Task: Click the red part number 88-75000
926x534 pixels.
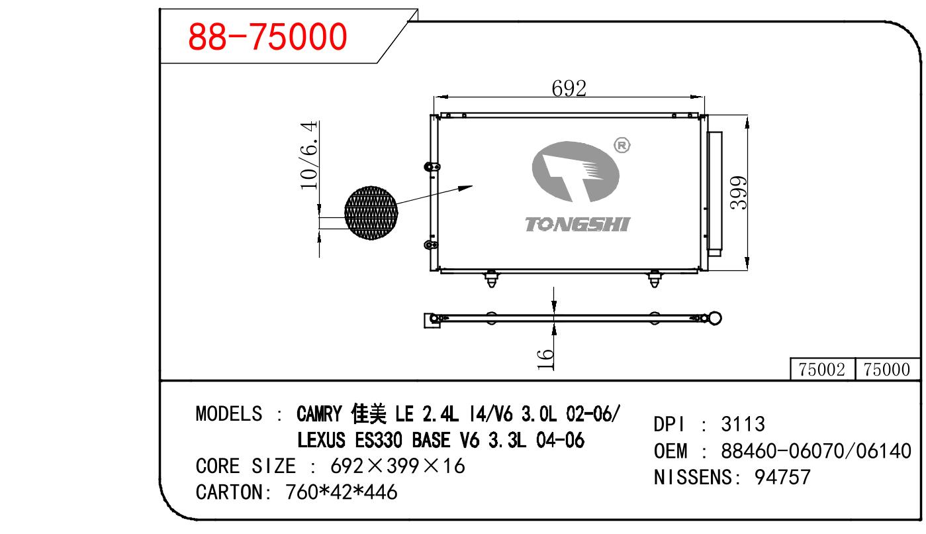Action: pos(267,37)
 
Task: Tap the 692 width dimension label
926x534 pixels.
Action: pos(569,88)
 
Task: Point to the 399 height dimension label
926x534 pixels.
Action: pos(738,193)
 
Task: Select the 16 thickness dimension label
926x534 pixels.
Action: pos(545,359)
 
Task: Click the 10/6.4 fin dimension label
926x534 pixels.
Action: pos(309,155)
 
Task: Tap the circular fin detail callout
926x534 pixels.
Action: pos(371,213)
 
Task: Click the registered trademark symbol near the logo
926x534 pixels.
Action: pos(622,145)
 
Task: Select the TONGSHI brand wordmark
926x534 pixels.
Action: pos(577,224)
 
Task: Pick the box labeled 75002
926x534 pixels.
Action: pos(822,369)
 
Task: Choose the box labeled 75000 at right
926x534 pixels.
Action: pos(887,369)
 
